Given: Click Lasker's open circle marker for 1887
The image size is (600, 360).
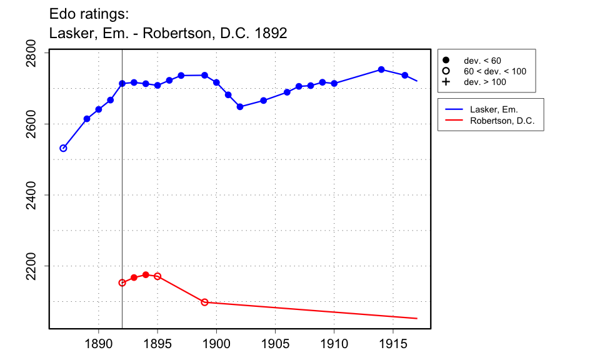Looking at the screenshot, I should point(63,148).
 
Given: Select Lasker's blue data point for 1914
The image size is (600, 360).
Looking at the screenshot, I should point(381,69).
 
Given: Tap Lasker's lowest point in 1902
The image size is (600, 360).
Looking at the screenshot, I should point(240,107).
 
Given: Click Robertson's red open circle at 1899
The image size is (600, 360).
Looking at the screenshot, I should point(204,302).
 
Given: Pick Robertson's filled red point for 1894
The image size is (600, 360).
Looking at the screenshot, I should point(146,275).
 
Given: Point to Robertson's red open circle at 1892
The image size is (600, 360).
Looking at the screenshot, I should point(122,282).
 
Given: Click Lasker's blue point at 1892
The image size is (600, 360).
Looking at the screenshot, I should point(122,83).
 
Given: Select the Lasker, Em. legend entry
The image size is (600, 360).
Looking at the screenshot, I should point(494,109).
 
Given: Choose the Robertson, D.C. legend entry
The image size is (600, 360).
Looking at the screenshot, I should point(502,121).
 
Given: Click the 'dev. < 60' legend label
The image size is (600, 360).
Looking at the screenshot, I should point(482,61).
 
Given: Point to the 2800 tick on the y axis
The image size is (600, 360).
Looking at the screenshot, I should point(38,53).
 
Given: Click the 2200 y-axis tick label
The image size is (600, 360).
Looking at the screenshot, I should point(38,266).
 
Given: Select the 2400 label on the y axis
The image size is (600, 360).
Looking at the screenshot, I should point(38,195).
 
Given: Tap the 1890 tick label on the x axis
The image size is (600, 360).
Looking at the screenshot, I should point(98,343).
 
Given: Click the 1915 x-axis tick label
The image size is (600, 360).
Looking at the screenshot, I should point(393,343).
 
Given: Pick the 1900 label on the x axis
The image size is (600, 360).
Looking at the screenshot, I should point(216,343).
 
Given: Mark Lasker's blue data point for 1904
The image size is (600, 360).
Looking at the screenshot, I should point(263,101).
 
